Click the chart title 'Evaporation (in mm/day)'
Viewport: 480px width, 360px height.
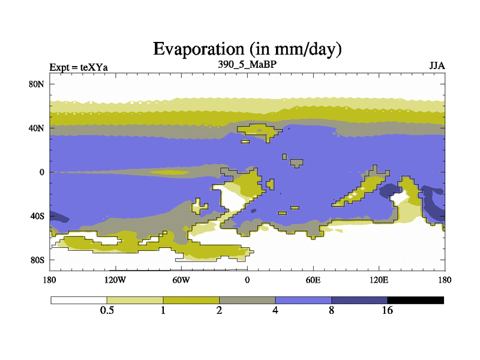[247, 49]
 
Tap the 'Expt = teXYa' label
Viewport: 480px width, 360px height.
[79, 67]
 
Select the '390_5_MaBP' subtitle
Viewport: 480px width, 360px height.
[247, 64]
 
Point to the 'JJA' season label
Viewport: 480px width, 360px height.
[437, 66]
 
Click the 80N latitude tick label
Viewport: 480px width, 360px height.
[37, 84]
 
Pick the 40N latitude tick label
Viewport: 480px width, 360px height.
[37, 128]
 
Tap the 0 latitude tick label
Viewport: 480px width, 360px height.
[42, 172]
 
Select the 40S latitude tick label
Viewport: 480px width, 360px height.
[37, 216]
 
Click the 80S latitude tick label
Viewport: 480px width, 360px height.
[37, 260]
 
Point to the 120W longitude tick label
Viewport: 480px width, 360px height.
[115, 280]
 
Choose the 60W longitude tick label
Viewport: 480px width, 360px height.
[181, 280]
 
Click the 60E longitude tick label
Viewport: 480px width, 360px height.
[313, 280]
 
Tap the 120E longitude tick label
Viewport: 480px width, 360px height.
[379, 280]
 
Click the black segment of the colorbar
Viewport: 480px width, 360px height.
[415, 301]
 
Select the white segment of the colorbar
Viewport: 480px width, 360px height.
[79, 301]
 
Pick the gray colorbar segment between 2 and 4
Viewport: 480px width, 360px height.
[247, 301]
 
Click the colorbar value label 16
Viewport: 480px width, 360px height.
[387, 310]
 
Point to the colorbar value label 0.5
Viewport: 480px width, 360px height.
[107, 310]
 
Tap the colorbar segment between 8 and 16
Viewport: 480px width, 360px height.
[359, 301]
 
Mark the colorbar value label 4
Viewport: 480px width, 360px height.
[275, 310]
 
